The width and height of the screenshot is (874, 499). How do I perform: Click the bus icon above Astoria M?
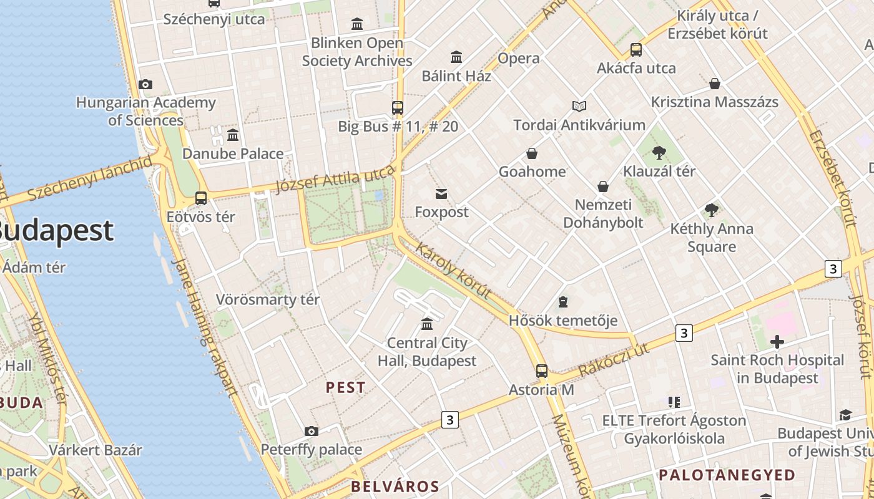[542, 371]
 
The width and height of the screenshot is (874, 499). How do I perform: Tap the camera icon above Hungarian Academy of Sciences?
[145, 84]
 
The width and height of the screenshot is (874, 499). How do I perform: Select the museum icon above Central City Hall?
[427, 324]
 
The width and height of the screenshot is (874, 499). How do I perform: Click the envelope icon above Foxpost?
[441, 194]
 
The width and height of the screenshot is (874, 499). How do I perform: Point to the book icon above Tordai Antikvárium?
[579, 106]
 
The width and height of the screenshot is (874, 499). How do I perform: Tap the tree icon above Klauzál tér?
[659, 152]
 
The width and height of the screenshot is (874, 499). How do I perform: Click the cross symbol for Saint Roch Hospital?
[777, 342]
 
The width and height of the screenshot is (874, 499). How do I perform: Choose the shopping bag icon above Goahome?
[532, 153]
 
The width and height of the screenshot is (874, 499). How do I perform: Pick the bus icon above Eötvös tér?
[201, 198]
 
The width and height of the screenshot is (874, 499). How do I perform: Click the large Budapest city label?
[56, 231]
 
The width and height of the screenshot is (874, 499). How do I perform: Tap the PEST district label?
[345, 387]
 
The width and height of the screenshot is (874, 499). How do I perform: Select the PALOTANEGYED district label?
[727, 475]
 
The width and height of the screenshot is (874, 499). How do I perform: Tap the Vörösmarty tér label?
[268, 299]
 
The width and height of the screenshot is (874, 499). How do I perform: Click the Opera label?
[519, 59]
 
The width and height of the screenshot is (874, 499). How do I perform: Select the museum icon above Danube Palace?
[233, 135]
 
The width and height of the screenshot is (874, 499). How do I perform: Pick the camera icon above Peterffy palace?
[312, 431]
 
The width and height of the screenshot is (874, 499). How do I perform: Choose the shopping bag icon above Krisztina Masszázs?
[715, 84]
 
